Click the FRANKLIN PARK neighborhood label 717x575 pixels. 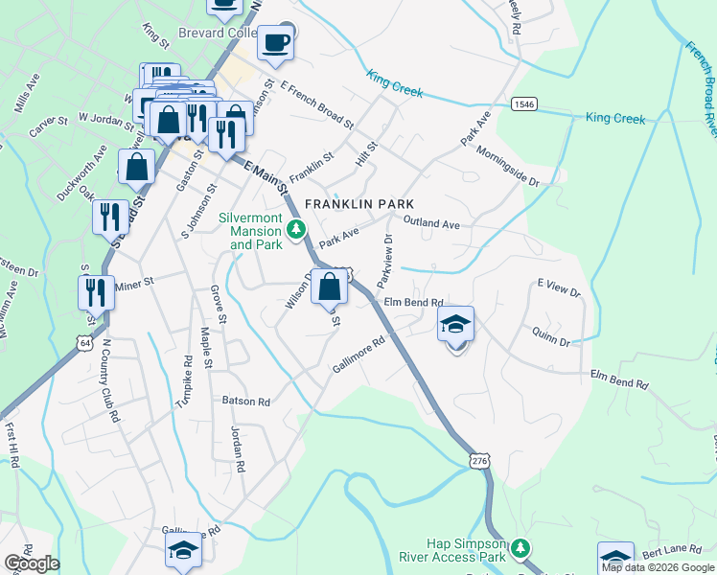[x=359, y=204]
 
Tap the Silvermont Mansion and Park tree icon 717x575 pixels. [x=297, y=228]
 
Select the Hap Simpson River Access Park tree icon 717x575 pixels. [x=520, y=548]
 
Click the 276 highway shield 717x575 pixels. [x=480, y=462]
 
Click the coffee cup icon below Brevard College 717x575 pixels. [x=276, y=43]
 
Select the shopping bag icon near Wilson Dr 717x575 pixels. [x=329, y=286]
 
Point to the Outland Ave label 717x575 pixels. [x=432, y=223]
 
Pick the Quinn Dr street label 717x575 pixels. [x=550, y=335]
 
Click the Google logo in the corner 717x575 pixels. [x=32, y=563]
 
